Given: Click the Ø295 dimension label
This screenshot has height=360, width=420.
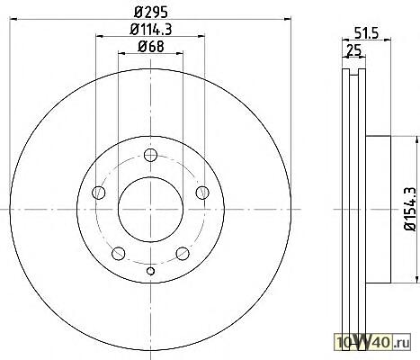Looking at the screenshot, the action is tap(151, 13).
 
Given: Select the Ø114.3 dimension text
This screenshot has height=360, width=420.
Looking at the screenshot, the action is tap(150, 30).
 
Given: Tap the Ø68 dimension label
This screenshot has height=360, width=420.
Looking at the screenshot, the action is tap(151, 47).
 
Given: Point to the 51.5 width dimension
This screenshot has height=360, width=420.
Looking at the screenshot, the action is tap(366, 32).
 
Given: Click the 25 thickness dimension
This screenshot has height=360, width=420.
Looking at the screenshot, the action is tap(353, 49).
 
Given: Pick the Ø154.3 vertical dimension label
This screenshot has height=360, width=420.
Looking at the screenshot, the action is tap(410, 209).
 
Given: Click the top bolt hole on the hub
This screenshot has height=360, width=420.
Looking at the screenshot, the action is tap(150, 155).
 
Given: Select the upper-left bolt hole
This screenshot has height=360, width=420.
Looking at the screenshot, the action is tap(98, 193).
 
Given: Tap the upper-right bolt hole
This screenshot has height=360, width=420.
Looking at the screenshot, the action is tap(202, 193).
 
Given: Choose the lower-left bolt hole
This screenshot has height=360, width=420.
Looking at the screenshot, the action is tap(118, 254).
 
